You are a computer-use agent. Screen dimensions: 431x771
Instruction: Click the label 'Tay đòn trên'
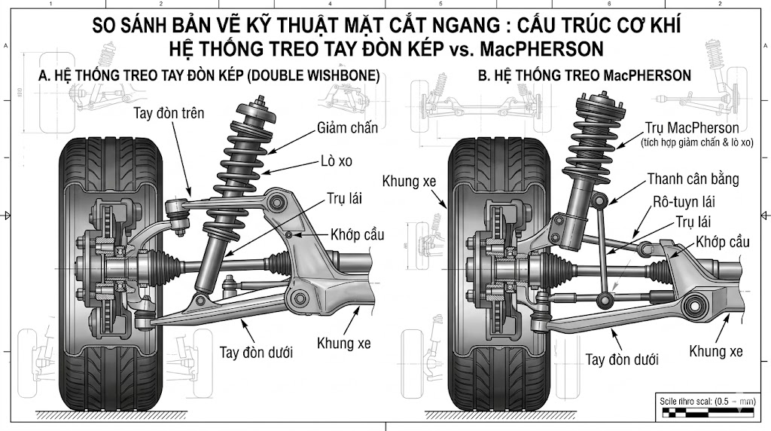point(169,113)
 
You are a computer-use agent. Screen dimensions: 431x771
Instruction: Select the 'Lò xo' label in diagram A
point(334,161)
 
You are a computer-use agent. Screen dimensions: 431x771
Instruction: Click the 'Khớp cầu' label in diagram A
point(356,235)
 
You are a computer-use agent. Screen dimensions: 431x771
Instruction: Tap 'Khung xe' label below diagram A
point(343,344)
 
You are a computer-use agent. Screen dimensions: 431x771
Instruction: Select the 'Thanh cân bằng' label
point(693,180)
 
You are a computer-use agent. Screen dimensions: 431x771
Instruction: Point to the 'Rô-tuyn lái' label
point(683,203)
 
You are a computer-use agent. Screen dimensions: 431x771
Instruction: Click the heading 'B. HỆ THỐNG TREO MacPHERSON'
point(584,76)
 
